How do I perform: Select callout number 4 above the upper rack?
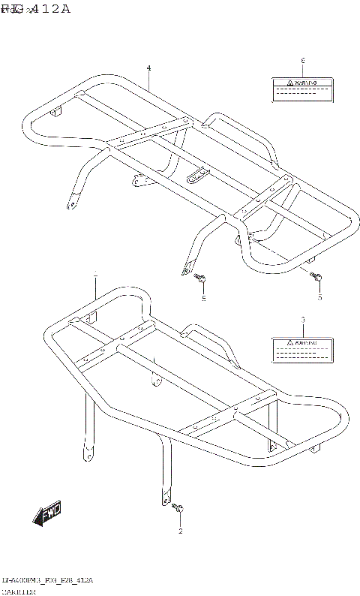tap(148, 68)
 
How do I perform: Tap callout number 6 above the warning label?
tap(302, 60)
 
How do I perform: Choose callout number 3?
tap(302, 320)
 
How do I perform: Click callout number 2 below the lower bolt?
tap(180, 531)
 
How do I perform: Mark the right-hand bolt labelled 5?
tap(318, 280)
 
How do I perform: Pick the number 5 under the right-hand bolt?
tap(319, 298)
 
